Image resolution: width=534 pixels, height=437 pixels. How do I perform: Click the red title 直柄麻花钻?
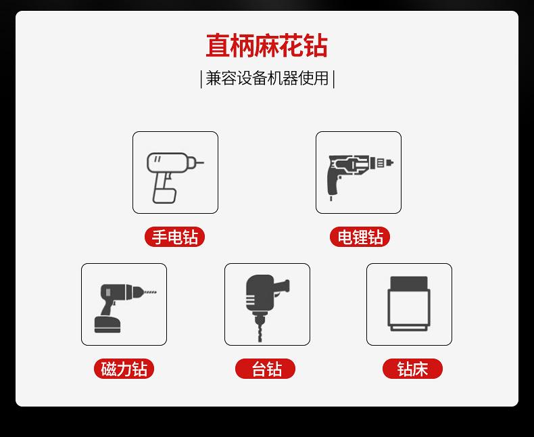[266, 46]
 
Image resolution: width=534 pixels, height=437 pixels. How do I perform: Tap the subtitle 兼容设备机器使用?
[267, 78]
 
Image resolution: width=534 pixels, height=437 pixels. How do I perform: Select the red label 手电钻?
[174, 237]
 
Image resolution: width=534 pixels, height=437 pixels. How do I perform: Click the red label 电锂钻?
[360, 237]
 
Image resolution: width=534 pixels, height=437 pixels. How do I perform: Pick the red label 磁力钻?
[124, 369]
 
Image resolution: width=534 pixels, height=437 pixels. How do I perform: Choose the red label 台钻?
[266, 369]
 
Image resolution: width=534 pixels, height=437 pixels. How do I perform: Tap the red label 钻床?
[412, 369]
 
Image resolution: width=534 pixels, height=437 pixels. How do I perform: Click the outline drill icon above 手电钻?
[174, 173]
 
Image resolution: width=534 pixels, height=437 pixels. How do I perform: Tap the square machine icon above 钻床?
[409, 305]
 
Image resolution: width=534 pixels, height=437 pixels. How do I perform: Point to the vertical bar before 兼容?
[201, 79]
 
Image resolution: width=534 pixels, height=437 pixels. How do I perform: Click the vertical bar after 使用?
[333, 79]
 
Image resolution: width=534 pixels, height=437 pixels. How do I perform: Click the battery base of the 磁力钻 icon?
[107, 325]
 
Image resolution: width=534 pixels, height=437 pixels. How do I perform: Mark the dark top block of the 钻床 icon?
[409, 283]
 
